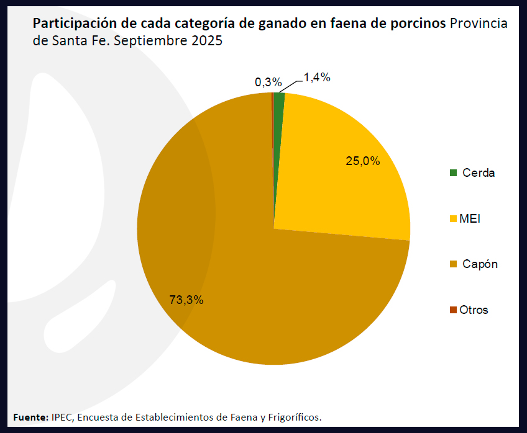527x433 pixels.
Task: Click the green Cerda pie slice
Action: tap(279, 99)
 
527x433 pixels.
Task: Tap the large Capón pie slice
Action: tap(261, 292)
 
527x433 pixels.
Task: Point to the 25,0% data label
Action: tap(363, 161)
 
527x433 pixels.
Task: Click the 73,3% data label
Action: tap(186, 300)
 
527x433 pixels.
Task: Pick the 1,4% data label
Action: tap(316, 78)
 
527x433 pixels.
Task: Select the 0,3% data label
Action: tap(268, 82)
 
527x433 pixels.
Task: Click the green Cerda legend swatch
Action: tap(453, 173)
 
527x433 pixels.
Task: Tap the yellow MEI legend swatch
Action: tap(453, 219)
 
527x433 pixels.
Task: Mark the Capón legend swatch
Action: tap(453, 264)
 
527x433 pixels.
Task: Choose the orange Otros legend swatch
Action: tap(453, 310)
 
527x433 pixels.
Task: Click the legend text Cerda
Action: tap(479, 173)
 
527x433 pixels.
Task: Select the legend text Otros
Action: tap(474, 310)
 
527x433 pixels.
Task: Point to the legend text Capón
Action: tap(480, 264)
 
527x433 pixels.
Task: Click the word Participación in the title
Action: tap(70, 24)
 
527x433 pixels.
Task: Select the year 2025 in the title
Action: tap(204, 42)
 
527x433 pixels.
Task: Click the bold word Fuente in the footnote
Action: tap(30, 416)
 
